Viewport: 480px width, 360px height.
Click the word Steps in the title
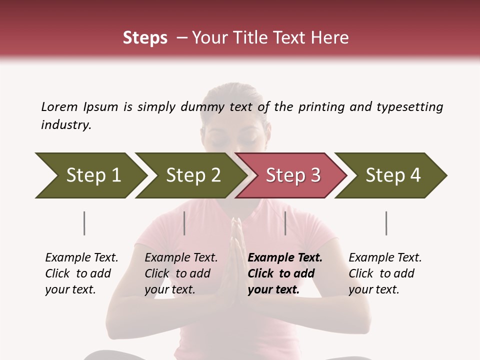point(145,38)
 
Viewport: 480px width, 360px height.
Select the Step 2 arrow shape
point(190,175)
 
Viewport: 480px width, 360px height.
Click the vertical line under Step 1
point(84,223)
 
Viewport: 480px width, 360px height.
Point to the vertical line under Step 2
point(184,223)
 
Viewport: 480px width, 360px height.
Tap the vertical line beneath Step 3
point(285,223)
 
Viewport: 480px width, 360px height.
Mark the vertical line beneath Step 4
point(386,223)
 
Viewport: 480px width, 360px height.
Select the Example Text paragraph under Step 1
point(81,273)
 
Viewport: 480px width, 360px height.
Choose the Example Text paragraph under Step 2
point(181,273)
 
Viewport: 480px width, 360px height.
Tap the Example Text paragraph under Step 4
point(385,273)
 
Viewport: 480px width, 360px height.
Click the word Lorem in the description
point(59,106)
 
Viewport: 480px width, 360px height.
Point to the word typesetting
point(410,106)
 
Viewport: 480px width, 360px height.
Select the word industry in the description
point(66,124)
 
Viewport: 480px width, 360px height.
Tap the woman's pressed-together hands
point(236,250)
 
